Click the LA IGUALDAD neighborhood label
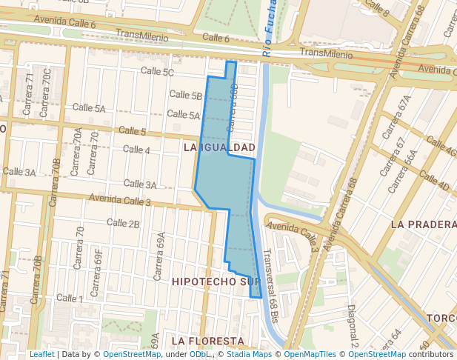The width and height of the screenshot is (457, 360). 219,148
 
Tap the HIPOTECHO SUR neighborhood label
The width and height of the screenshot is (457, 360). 215,282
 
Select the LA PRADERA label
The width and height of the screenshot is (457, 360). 423,224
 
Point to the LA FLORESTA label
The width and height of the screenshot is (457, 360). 207,341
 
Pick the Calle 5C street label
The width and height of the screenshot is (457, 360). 158,73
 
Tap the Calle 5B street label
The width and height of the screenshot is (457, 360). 185,96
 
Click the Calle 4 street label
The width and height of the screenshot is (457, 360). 136,150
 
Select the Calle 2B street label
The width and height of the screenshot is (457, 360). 123,223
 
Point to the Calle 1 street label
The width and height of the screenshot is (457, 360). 70,299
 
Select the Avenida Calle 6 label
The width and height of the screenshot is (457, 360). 64,24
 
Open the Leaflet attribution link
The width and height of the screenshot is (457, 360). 41,354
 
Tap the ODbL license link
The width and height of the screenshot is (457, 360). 199,354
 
